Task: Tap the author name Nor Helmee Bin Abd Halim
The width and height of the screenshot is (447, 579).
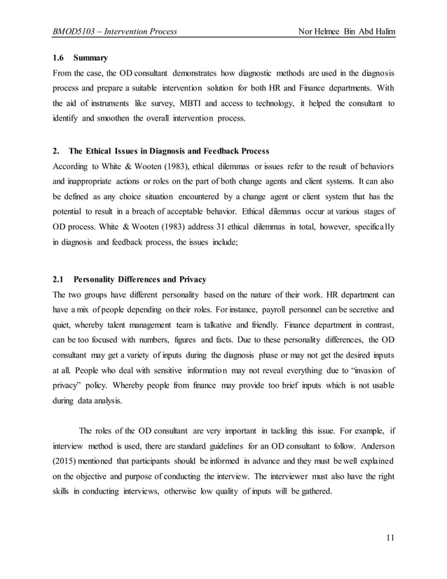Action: [346, 31]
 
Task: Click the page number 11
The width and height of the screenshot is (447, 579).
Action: [390, 536]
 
